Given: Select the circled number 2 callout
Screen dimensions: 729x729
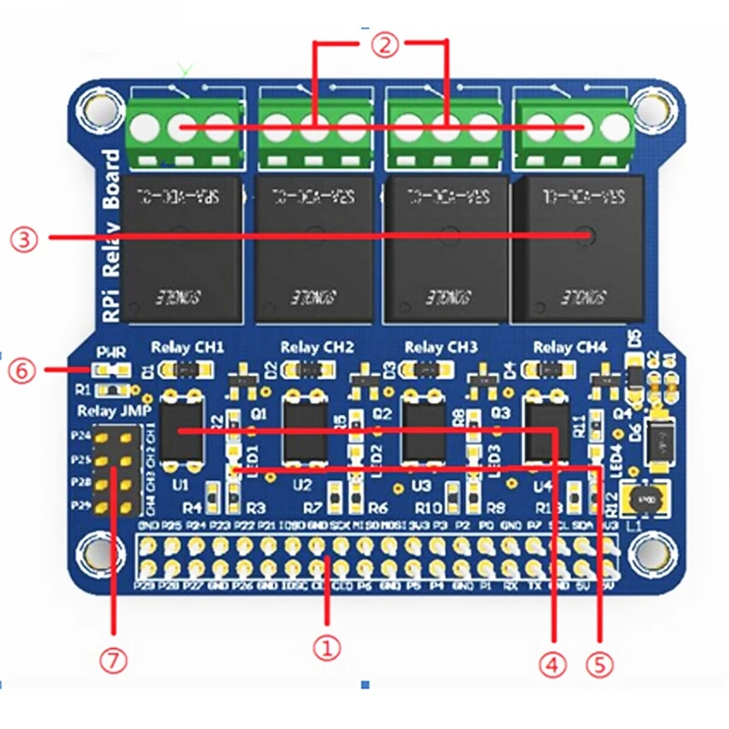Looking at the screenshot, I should tap(386, 46).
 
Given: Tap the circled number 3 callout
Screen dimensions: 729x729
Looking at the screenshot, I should tap(23, 239).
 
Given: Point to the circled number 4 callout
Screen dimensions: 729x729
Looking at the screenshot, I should tap(553, 664).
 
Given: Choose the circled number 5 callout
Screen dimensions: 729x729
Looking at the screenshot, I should tap(600, 664).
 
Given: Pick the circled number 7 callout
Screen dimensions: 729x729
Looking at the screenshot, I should tap(114, 660).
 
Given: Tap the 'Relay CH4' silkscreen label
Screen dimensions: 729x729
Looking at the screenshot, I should tap(569, 347).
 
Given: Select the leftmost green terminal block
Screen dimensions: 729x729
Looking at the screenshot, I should tap(183, 130).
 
